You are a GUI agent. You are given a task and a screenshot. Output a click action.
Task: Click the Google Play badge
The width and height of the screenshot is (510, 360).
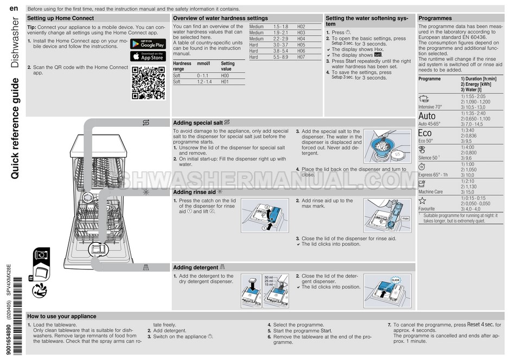tap(148, 43)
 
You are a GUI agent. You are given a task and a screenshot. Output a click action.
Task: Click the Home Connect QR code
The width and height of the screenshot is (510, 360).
tap(148, 83)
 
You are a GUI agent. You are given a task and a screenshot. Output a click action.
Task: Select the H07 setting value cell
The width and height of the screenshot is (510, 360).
tap(302, 57)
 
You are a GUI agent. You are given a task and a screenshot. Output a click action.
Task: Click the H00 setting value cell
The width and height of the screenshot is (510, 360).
tap(225, 75)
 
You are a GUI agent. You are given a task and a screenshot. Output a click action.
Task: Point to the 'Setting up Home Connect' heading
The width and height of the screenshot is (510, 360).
tap(60, 18)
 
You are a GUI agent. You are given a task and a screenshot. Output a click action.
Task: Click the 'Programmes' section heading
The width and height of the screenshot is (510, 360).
tap(436, 18)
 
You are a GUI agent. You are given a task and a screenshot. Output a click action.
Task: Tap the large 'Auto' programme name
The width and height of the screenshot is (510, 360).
tap(427, 116)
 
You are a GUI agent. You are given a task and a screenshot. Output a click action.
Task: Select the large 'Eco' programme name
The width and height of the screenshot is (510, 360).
tap(425, 133)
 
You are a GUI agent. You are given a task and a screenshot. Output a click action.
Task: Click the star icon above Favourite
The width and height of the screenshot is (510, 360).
tap(422, 201)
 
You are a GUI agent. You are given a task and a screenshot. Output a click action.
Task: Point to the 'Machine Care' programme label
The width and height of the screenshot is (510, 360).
tap(431, 192)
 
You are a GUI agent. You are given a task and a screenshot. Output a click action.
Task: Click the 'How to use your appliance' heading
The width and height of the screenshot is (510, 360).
tap(61, 316)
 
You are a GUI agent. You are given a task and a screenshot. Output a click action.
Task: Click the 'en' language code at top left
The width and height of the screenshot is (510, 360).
tap(15, 8)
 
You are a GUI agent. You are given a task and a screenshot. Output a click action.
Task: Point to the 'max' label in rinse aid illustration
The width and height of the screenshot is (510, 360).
tap(404, 218)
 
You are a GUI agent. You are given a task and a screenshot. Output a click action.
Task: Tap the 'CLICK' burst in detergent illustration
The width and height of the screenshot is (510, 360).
tap(396, 280)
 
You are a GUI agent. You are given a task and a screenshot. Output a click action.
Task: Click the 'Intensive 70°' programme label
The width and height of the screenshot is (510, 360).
tap(431, 107)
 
